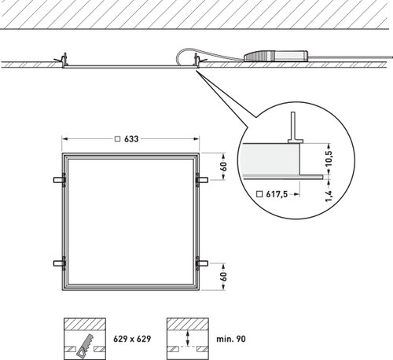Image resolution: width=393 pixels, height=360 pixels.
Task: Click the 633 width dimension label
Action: [131, 139]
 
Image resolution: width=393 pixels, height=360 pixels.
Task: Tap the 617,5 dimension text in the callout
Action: [277, 194]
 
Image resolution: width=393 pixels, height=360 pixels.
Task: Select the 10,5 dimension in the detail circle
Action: [329, 158]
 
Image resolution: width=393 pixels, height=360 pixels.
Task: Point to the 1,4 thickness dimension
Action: [329, 196]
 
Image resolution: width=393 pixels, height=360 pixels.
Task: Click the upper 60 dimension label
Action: [224, 167]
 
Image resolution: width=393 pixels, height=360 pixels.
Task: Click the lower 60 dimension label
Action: [224, 277]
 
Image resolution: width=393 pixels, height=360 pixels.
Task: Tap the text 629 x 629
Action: [132, 339]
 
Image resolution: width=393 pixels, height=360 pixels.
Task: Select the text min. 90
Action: [231, 339]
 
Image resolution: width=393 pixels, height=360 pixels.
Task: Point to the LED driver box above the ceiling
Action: [276, 56]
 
